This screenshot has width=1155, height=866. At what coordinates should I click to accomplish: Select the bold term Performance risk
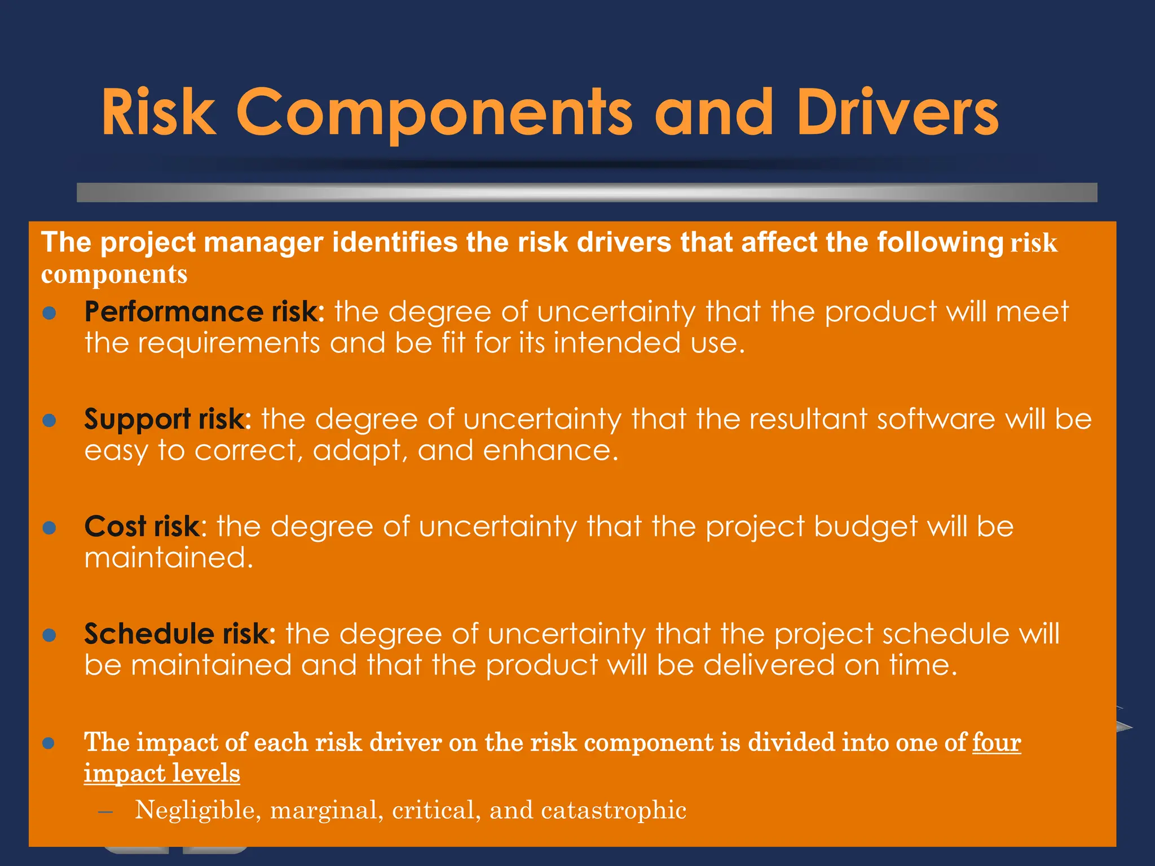click(x=201, y=312)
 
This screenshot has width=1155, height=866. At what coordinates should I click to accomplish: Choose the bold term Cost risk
click(x=142, y=527)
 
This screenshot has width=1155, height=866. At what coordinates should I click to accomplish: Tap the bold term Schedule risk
click(x=178, y=634)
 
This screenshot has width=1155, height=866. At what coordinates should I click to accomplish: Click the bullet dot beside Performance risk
click(x=50, y=313)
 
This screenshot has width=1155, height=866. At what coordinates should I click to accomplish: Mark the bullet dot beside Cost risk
click(x=50, y=528)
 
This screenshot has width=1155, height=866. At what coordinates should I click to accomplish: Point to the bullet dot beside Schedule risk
click(x=50, y=635)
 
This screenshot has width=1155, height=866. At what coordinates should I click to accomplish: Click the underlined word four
click(x=996, y=743)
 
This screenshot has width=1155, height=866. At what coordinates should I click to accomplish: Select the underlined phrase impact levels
click(x=162, y=773)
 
